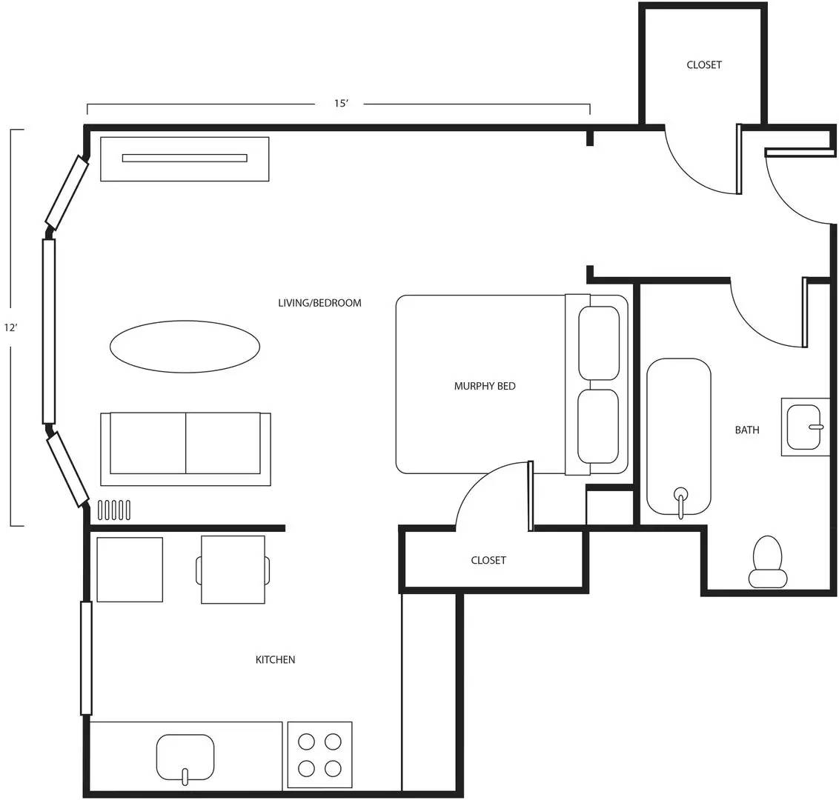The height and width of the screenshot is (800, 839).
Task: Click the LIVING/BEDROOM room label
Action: click(x=319, y=303)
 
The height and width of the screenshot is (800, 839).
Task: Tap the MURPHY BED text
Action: click(x=485, y=386)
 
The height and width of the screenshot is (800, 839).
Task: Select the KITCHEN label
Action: click(x=275, y=659)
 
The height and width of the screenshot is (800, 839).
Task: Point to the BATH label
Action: click(x=746, y=430)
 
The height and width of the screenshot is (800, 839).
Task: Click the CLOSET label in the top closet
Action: click(x=703, y=64)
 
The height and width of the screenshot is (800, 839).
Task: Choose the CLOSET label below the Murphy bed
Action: click(x=488, y=560)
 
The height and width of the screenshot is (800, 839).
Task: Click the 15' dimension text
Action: click(x=341, y=104)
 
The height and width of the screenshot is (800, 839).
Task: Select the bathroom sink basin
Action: click(x=807, y=427)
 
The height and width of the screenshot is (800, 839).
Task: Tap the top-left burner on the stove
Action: click(x=305, y=741)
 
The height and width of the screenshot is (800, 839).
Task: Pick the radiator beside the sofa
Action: click(x=114, y=510)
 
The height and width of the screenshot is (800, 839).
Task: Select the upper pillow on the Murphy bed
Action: click(x=599, y=343)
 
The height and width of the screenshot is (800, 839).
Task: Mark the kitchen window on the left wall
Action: click(x=86, y=658)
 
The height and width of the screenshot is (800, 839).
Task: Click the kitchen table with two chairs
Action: click(x=233, y=570)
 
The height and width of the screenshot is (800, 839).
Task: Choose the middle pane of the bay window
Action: click(x=49, y=330)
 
